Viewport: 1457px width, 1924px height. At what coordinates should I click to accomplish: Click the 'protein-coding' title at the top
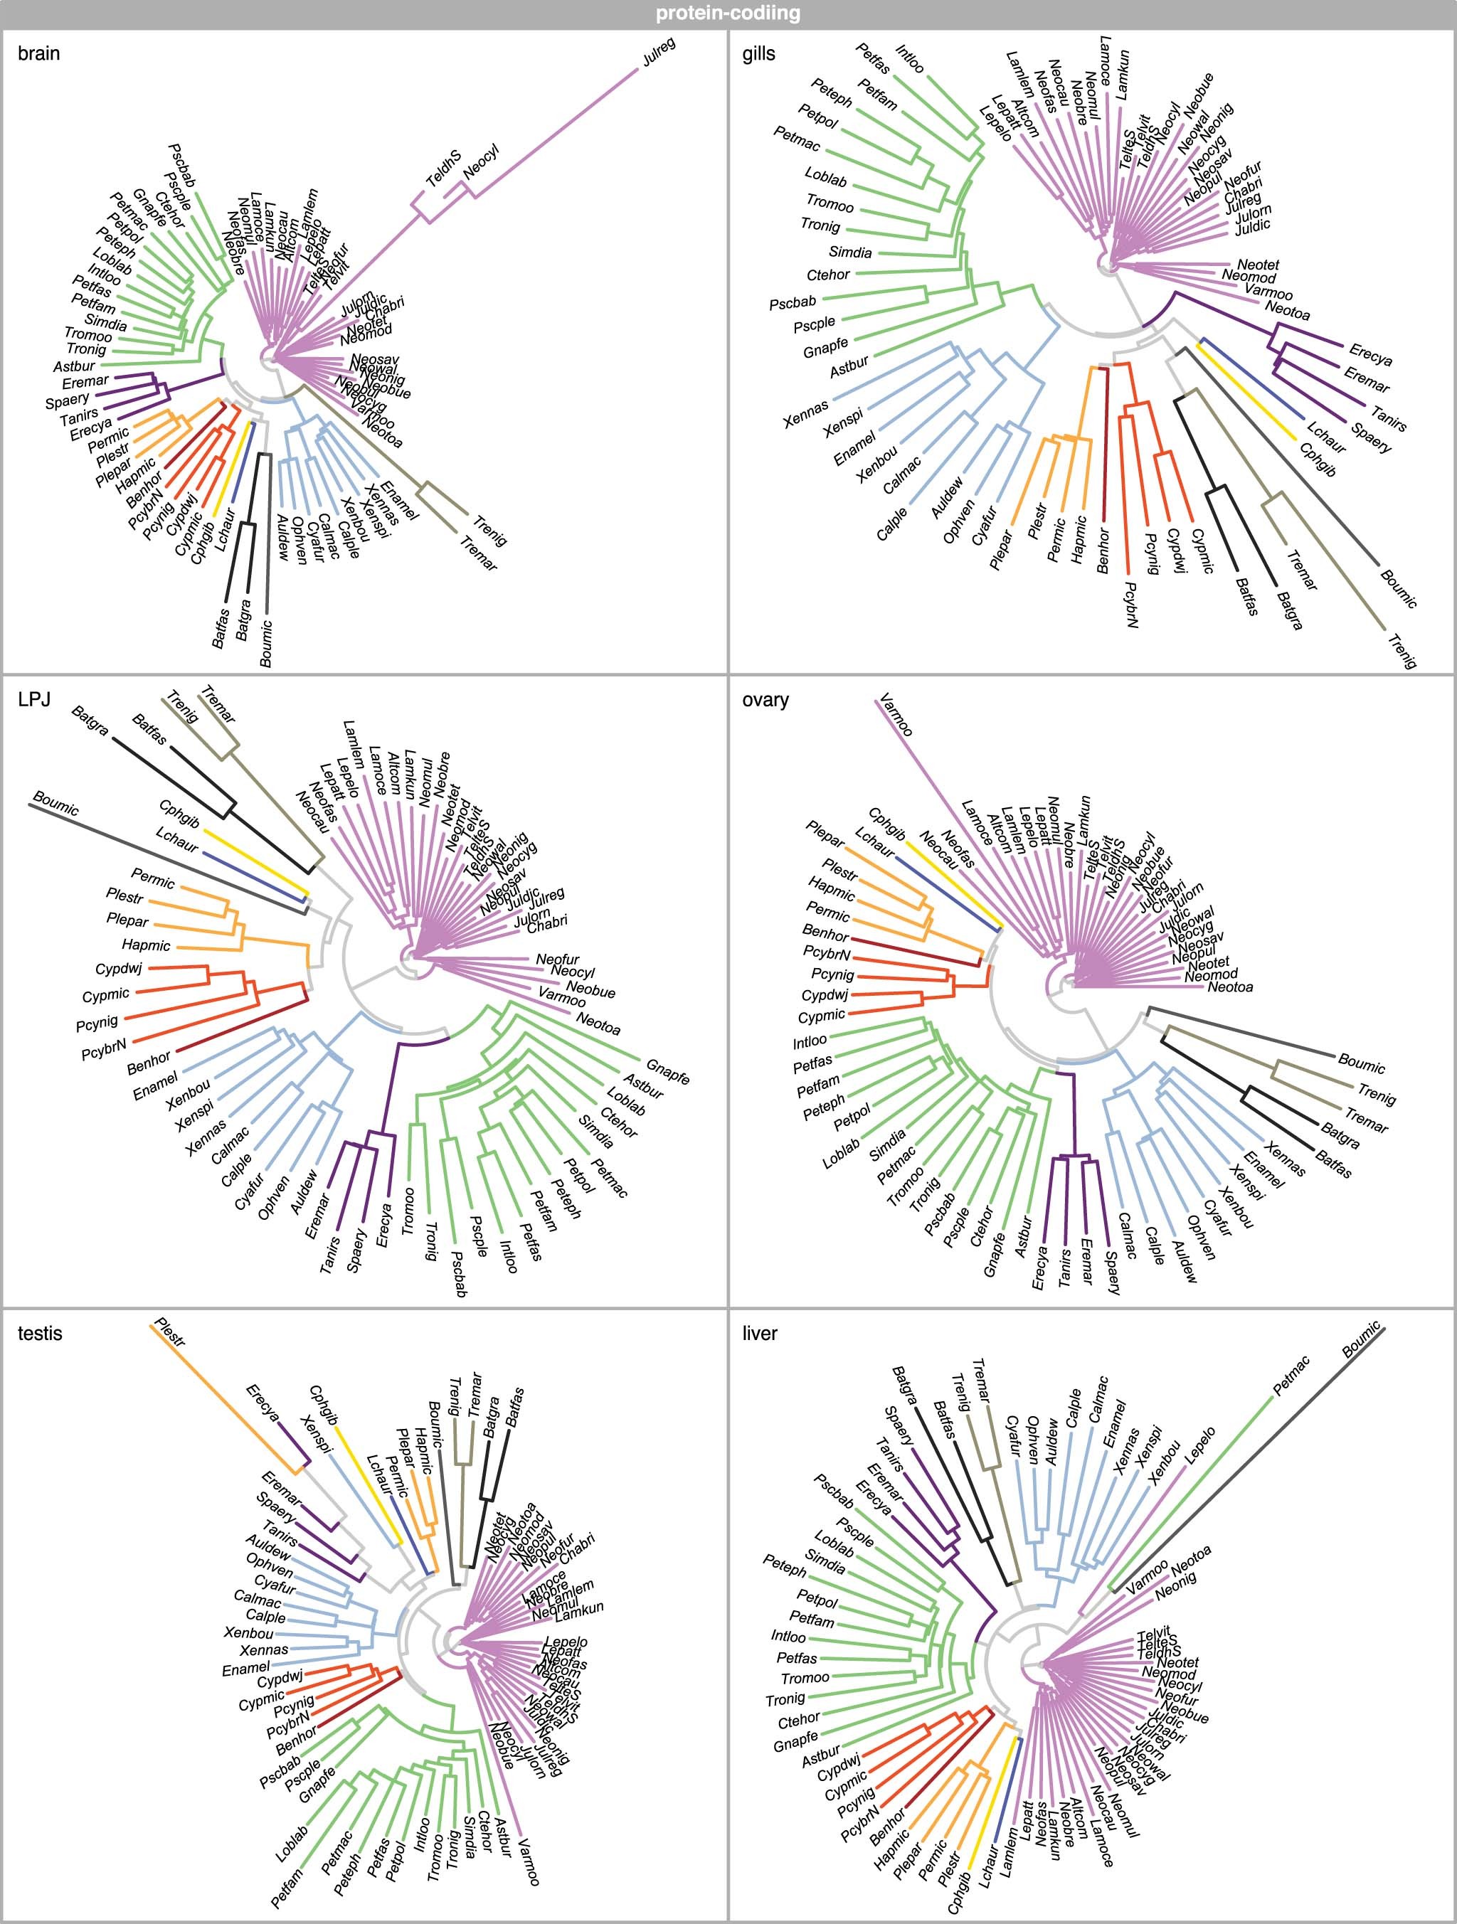coord(727,14)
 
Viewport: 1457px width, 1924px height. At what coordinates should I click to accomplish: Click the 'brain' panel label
coord(39,54)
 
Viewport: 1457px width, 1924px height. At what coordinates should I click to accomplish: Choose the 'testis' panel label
coord(40,1334)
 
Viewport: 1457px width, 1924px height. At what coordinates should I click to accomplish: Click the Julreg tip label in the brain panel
coord(659,52)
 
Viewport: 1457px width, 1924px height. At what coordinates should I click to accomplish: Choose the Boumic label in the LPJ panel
coord(55,803)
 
